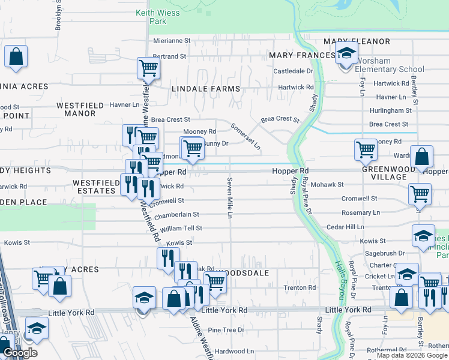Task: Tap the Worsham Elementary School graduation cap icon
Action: tap(346, 53)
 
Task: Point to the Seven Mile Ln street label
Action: tap(229, 197)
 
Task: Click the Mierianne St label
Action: tap(172, 41)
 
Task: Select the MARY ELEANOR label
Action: tap(357, 41)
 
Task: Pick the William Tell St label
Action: tap(181, 229)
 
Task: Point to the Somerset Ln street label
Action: tap(246, 135)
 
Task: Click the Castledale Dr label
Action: tap(294, 71)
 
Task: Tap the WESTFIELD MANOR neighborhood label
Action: tap(80, 109)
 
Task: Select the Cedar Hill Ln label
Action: tap(345, 227)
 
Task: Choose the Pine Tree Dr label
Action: tap(226, 330)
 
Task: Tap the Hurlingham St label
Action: tap(390, 110)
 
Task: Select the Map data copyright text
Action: tap(412, 355)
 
